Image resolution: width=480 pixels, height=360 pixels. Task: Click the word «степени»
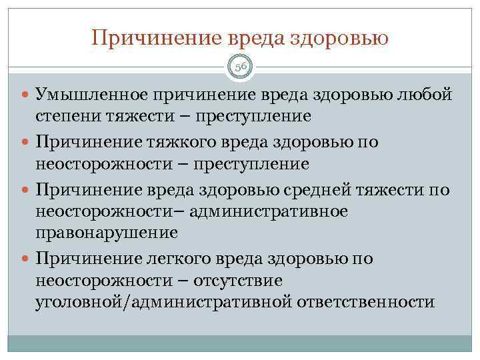coord(69,116)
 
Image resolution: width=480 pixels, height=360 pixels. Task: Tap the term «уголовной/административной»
coord(163,301)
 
